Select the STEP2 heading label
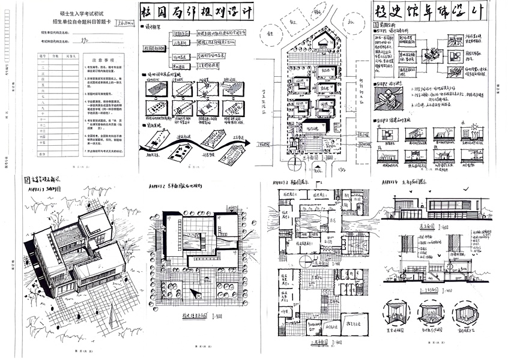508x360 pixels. pyautogui.click(x=387, y=83)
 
